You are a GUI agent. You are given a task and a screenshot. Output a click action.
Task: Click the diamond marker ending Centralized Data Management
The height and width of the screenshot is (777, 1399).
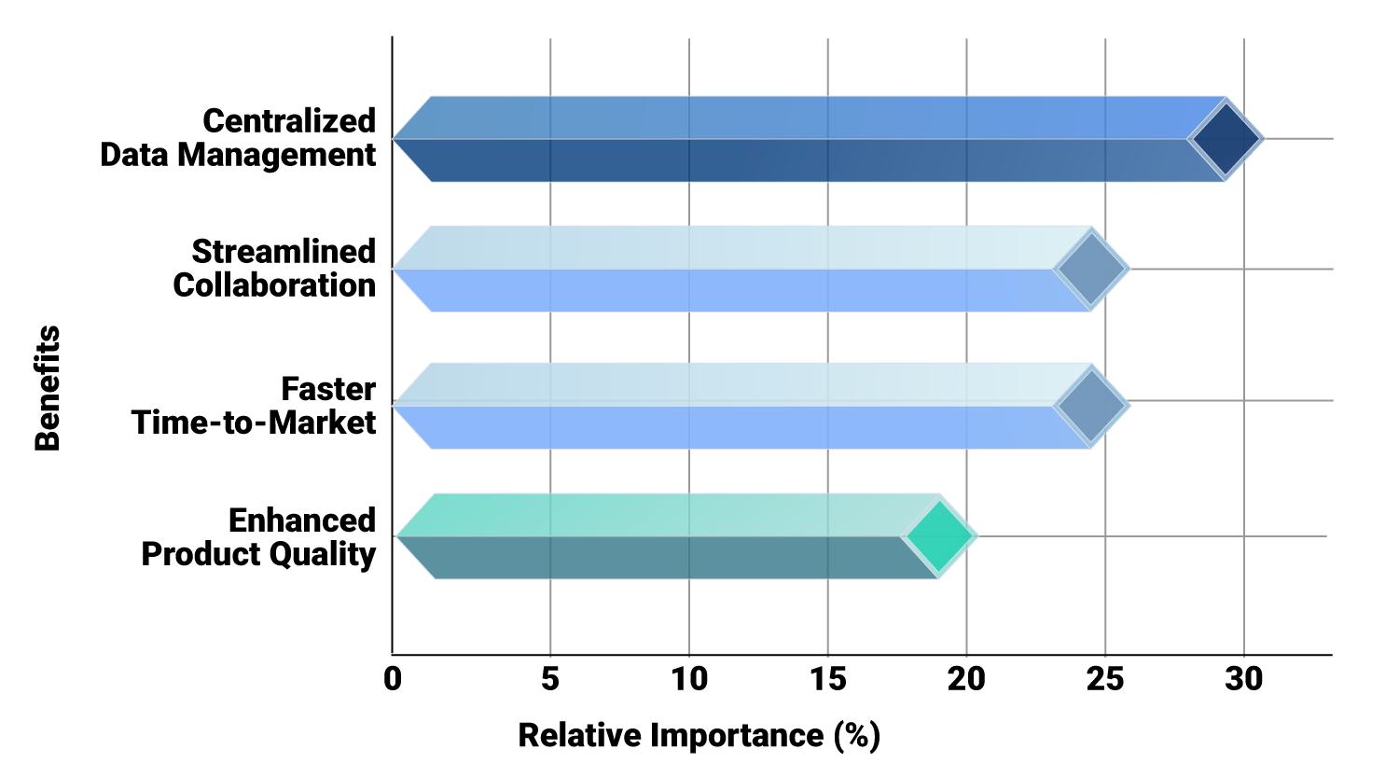coord(1226,139)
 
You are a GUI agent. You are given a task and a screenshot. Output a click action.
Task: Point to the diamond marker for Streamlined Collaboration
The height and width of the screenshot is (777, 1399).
coord(1091,269)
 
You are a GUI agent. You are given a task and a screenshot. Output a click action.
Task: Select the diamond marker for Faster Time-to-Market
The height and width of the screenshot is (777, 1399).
coord(1091,406)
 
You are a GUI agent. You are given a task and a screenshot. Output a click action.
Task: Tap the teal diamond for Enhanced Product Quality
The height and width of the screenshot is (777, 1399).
coord(939,536)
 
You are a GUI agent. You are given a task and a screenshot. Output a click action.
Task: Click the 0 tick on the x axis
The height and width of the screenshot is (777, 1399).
coord(393,679)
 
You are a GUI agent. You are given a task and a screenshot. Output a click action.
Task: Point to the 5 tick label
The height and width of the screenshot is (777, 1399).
coord(550,679)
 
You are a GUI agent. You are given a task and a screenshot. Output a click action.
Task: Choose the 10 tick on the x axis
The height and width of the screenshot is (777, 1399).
coord(689,679)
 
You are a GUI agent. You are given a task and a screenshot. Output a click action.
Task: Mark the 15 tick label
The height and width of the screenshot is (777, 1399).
coord(828,679)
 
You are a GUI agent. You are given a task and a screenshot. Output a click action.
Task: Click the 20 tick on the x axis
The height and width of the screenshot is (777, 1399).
coord(966,679)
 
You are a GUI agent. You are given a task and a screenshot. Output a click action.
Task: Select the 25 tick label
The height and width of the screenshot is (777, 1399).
coord(1105,679)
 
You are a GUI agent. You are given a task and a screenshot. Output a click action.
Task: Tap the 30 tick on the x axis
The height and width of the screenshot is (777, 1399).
coord(1244,679)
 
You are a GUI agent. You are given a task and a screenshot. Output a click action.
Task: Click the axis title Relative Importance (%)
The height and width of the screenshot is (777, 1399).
coord(699,735)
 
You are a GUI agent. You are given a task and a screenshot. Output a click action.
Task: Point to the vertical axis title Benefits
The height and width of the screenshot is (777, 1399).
coord(48,388)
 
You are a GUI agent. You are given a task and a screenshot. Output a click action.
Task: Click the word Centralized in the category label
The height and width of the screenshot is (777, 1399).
coord(289,121)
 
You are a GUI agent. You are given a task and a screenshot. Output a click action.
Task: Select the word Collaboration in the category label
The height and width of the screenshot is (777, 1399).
coord(274,285)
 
